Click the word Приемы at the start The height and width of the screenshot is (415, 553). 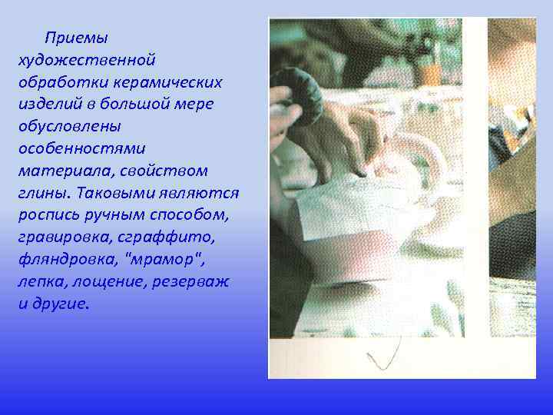point(76,37)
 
